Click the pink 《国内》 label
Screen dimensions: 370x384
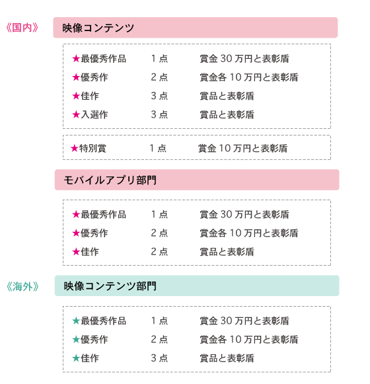22,28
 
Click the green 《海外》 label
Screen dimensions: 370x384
22,286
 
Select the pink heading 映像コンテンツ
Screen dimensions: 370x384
98,28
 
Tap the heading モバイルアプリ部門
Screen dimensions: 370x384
110,180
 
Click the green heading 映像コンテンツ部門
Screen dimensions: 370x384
110,286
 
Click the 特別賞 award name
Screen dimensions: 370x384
92,148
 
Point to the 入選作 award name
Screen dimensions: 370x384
94,114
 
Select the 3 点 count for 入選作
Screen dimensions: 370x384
159,114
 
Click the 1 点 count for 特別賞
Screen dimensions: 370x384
158,148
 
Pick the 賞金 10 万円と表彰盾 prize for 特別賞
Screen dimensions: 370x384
242,148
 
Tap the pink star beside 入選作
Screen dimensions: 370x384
76,114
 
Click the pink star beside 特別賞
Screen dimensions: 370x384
75,148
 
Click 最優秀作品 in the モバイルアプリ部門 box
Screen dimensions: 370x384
103,214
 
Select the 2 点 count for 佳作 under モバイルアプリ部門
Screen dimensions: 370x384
159,252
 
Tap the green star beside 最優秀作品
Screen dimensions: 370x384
76,321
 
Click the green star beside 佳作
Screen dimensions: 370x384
76,358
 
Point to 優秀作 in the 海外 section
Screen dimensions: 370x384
94,340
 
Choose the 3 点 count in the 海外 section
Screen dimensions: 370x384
159,358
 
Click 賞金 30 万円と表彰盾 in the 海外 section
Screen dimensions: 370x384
244,321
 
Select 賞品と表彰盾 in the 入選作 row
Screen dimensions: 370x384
227,114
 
